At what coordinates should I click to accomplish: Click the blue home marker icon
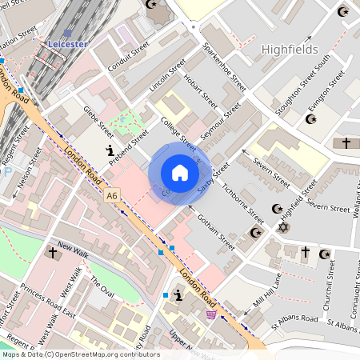point(180,173)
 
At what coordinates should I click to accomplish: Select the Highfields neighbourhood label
point(295,50)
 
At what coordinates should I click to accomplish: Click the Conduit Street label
point(128,57)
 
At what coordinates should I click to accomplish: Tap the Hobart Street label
point(201,92)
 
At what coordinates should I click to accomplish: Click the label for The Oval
point(102,284)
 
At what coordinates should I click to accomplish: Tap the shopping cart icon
point(210,314)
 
